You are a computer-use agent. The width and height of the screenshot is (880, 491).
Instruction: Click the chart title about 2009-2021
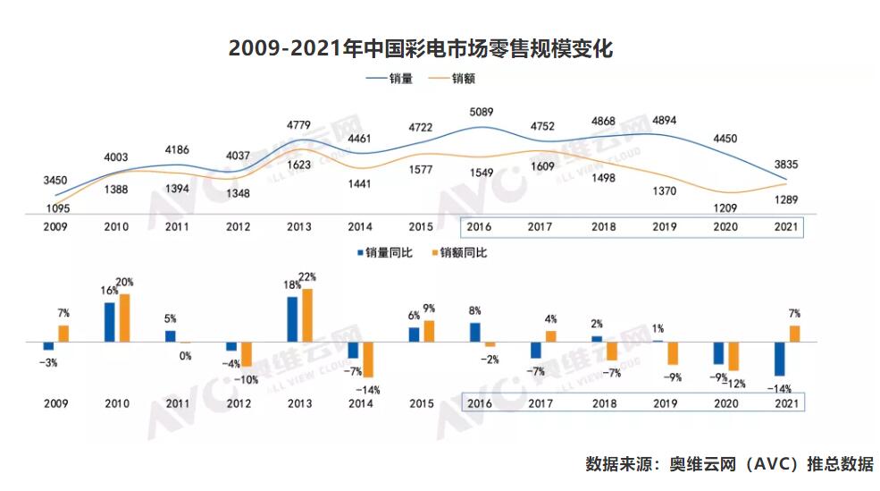(421, 48)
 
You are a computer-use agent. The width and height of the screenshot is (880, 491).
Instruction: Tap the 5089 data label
(481, 112)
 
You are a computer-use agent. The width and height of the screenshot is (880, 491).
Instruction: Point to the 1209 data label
(724, 207)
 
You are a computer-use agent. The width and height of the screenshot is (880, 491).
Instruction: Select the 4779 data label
(299, 123)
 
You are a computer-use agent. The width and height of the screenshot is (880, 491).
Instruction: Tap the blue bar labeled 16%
(109, 322)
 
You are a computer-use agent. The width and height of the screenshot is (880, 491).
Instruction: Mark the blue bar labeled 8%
(475, 332)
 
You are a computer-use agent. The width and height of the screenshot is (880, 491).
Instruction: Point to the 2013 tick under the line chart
(299, 227)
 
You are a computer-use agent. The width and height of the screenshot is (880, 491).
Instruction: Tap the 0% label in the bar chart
(186, 356)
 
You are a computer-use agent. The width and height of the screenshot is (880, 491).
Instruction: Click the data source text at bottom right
(729, 464)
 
